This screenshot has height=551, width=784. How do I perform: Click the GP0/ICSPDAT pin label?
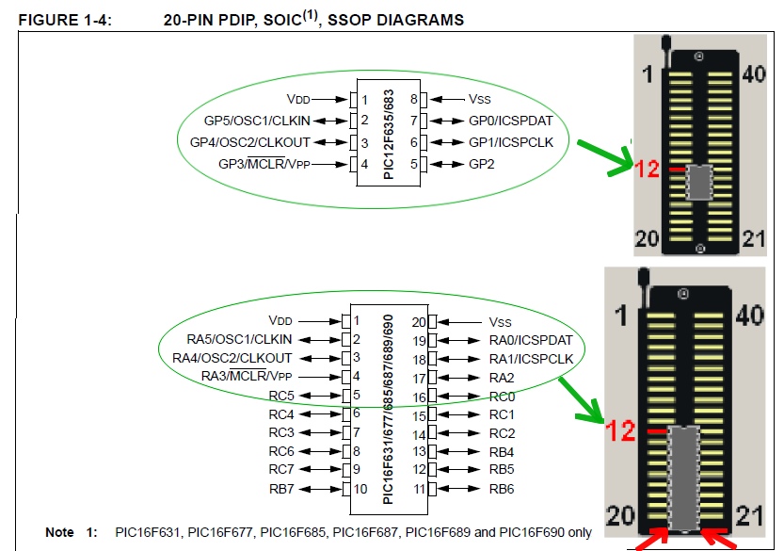[x=509, y=121]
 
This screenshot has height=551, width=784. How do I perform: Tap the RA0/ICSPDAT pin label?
[x=530, y=340]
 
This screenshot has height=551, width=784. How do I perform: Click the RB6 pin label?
[x=502, y=489]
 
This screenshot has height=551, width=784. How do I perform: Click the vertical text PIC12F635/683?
[x=389, y=133]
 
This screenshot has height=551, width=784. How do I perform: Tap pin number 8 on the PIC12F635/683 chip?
[x=413, y=99]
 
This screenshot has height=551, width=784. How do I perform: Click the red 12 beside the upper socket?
[x=647, y=170]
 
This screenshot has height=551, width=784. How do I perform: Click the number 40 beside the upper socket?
[x=754, y=74]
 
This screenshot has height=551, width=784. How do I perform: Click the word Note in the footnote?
[x=59, y=533]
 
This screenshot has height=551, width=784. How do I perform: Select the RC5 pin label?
[x=281, y=396]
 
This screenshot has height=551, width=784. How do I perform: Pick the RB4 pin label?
[x=502, y=451]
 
